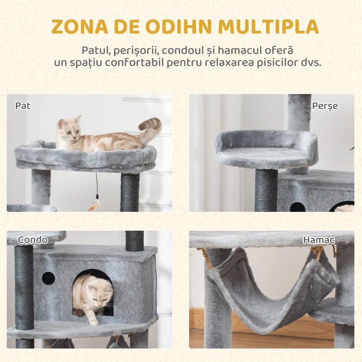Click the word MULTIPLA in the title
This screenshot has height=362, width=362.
(268, 27)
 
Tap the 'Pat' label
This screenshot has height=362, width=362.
(23, 106)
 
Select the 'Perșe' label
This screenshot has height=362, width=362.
(325, 106)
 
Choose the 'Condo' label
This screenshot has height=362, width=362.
(32, 240)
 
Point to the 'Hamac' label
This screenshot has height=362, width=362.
(319, 240)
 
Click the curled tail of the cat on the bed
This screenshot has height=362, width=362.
(151, 126)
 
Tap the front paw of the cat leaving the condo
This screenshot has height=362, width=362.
(94, 322)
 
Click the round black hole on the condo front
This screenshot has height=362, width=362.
(48, 278)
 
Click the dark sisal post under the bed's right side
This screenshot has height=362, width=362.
(130, 192)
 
